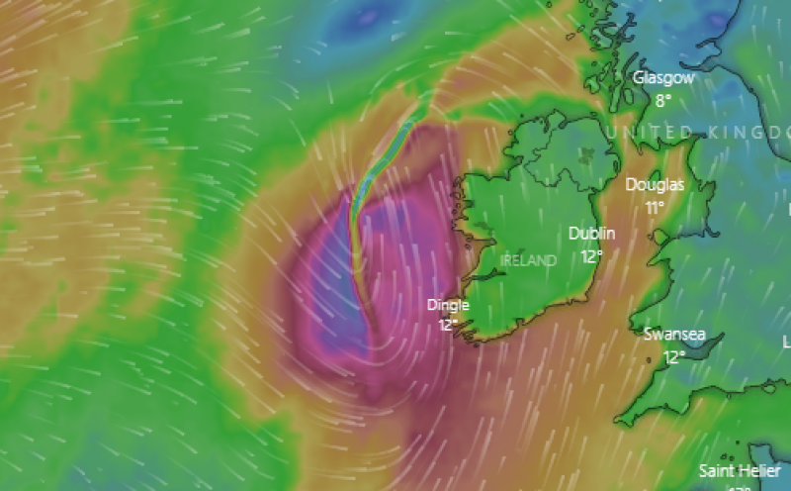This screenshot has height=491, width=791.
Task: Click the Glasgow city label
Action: [x=663, y=77]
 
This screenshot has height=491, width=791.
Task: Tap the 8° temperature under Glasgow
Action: [x=662, y=99]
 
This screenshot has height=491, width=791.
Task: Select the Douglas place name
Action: [x=655, y=185]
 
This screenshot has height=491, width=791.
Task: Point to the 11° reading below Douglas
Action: [x=655, y=207]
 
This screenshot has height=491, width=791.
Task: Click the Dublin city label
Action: [x=592, y=234]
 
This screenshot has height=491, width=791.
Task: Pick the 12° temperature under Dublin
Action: [x=592, y=255]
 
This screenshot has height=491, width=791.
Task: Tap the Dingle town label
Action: [x=448, y=305]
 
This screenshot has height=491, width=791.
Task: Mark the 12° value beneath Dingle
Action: [x=448, y=324]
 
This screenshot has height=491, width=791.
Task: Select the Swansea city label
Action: [x=674, y=335]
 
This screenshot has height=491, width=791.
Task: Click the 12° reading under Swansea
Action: [x=674, y=356]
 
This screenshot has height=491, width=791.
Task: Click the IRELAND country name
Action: [x=529, y=260]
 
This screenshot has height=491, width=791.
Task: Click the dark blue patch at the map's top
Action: [x=368, y=16]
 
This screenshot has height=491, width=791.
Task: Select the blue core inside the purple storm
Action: [x=336, y=297]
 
